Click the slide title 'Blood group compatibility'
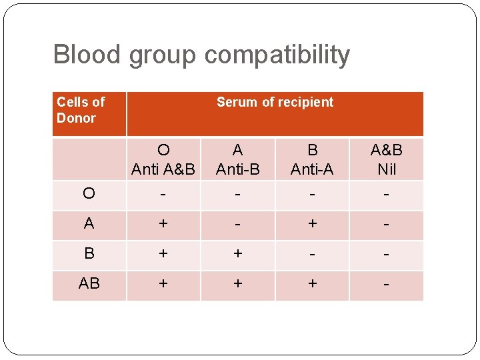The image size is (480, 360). pyautogui.click(x=201, y=55)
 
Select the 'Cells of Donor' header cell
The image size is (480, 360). pyautogui.click(x=81, y=110)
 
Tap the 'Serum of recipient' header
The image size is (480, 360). pyautogui.click(x=275, y=102)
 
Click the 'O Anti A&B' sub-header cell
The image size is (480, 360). pyautogui.click(x=163, y=159)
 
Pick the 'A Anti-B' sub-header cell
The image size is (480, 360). pyautogui.click(x=238, y=159)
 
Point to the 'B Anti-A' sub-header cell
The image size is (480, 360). pyautogui.click(x=312, y=159)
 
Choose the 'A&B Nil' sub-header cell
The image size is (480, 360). pyautogui.click(x=387, y=159)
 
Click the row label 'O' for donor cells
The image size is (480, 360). pyautogui.click(x=89, y=194)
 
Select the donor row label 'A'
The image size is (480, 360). pyautogui.click(x=89, y=224)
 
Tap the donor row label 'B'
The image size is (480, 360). pyautogui.click(x=89, y=254)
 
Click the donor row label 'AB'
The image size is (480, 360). pyautogui.click(x=89, y=284)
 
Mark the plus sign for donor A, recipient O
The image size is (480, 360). pyautogui.click(x=163, y=224)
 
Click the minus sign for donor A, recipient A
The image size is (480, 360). pyautogui.click(x=238, y=224)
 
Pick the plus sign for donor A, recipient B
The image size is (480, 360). pyautogui.click(x=312, y=224)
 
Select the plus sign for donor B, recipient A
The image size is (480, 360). pyautogui.click(x=238, y=254)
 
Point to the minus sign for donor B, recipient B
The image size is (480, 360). pyautogui.click(x=312, y=254)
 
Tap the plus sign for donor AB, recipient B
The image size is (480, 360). pyautogui.click(x=312, y=284)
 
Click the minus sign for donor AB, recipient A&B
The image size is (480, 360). pyautogui.click(x=387, y=284)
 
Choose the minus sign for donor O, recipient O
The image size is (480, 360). pyautogui.click(x=163, y=194)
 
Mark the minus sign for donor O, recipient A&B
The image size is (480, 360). pyautogui.click(x=387, y=194)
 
